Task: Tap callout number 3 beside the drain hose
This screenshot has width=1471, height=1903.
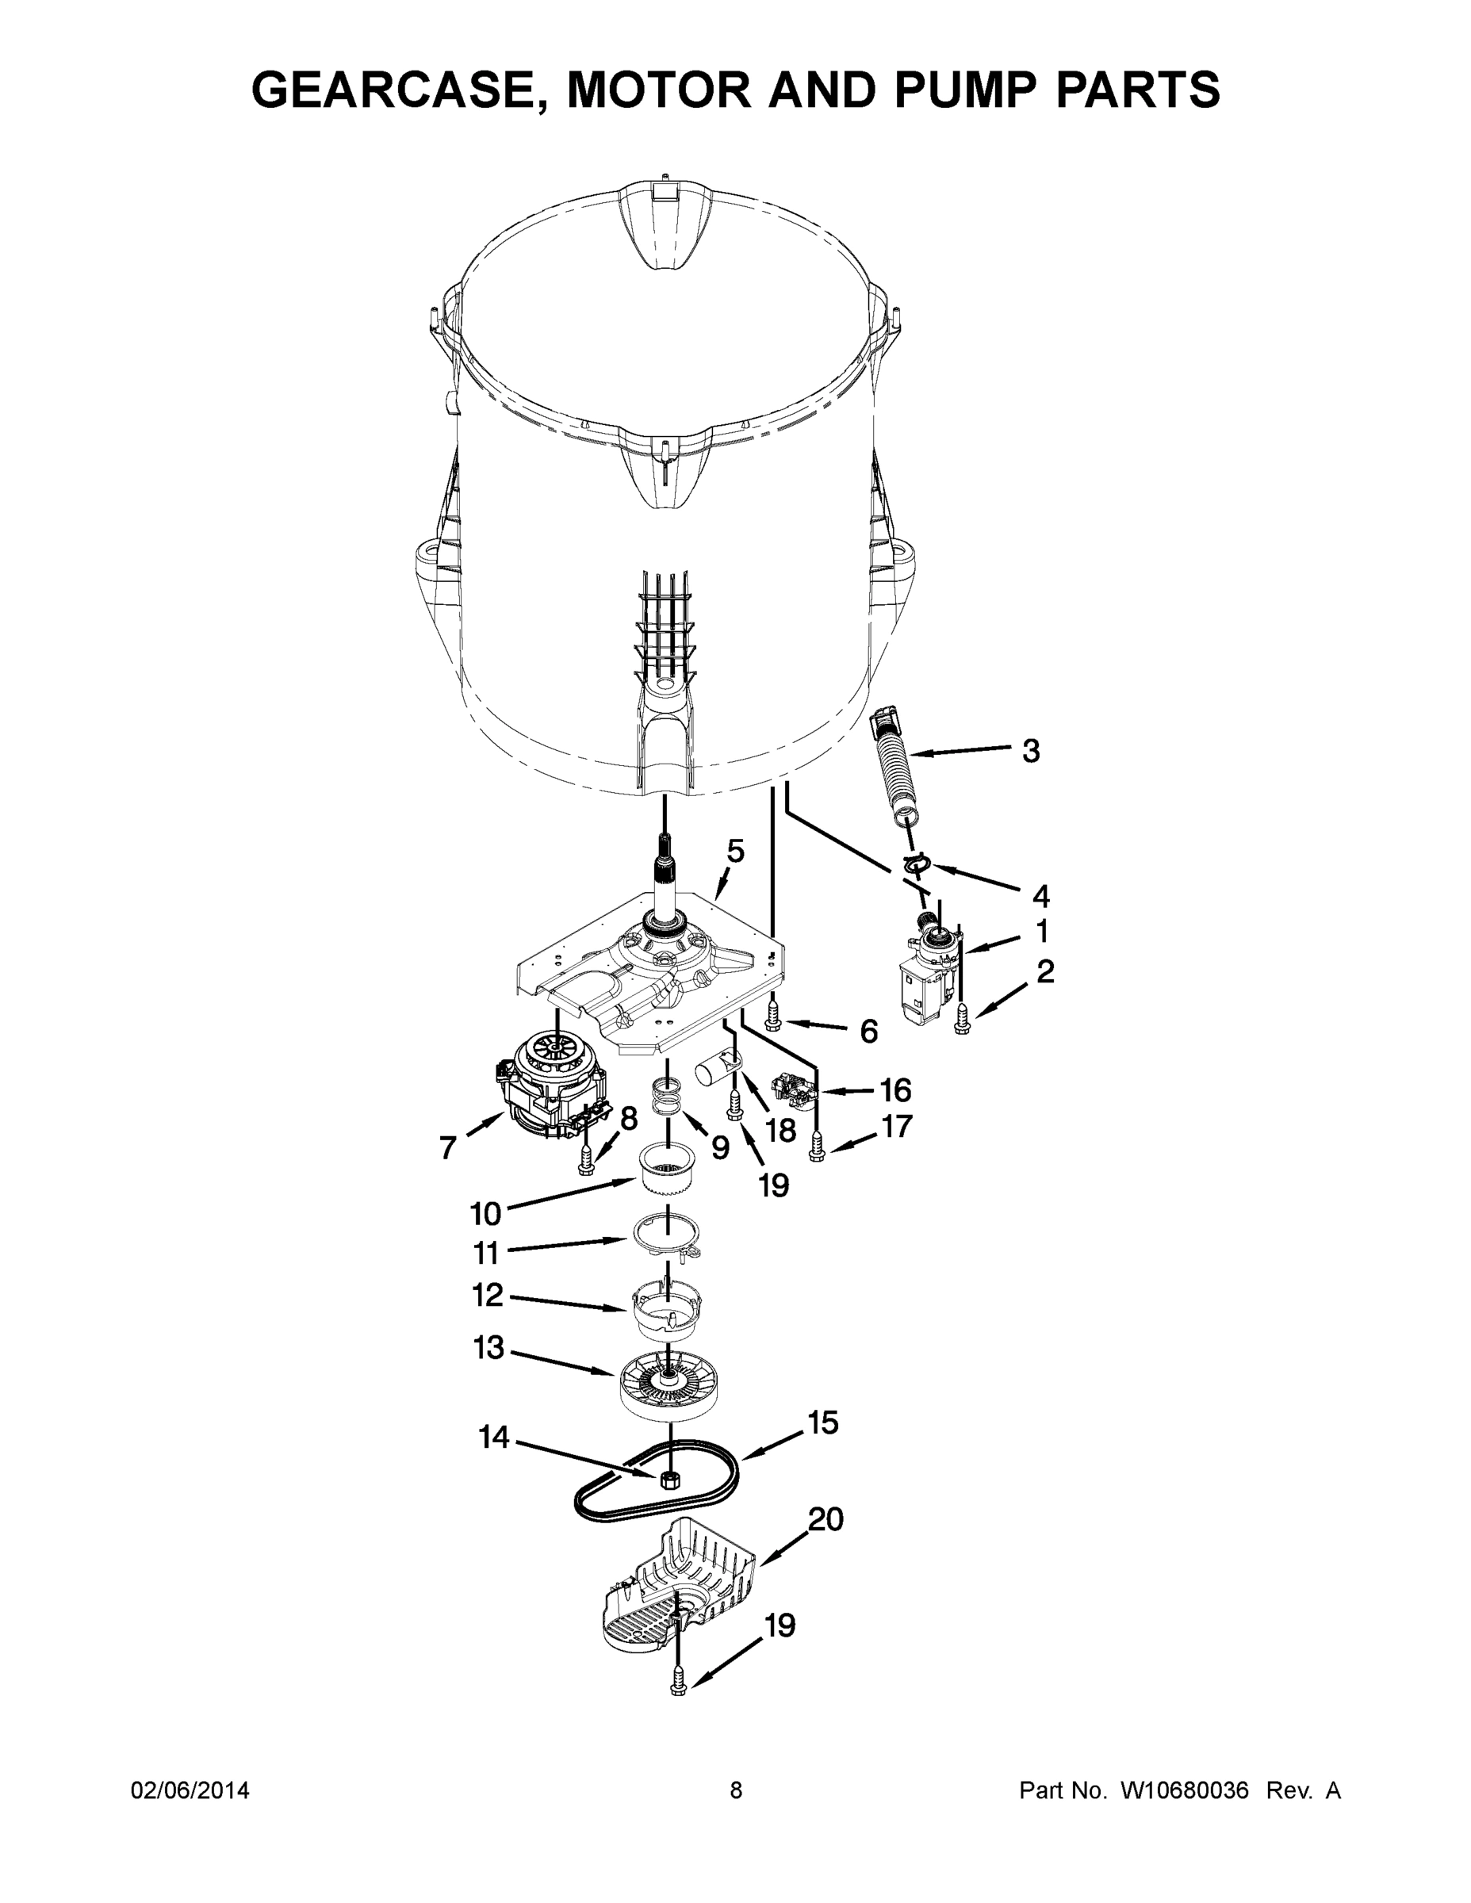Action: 1030,750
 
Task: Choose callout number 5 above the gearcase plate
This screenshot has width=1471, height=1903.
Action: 736,851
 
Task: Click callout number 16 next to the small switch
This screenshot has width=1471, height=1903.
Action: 895,1089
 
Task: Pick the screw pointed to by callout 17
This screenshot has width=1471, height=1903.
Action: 817,1148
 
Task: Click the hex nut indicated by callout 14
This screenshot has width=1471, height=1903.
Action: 670,1477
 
